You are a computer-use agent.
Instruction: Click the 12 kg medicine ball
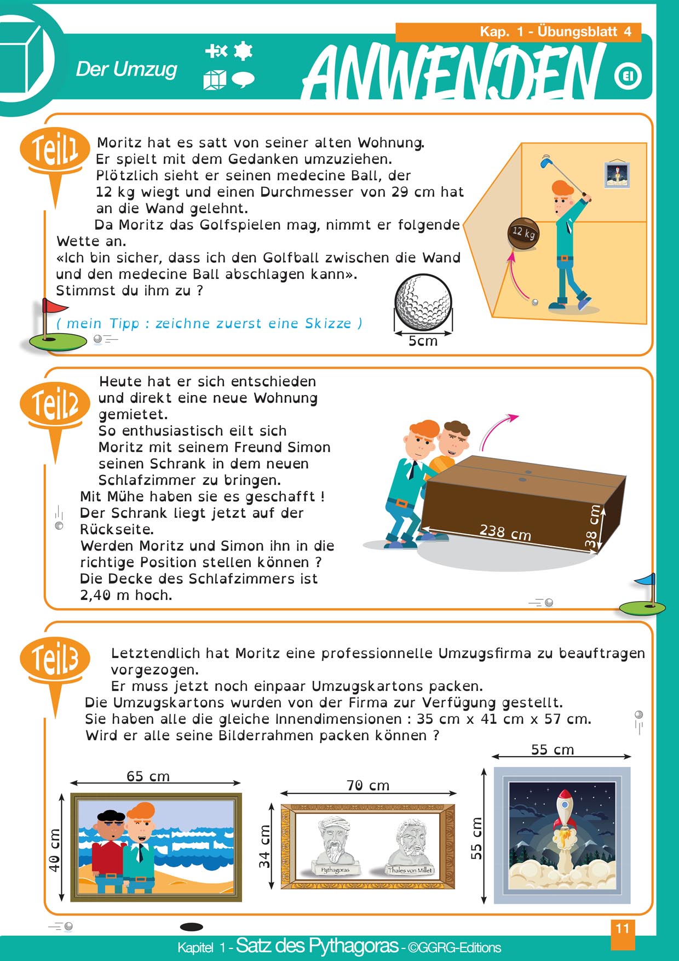click(523, 234)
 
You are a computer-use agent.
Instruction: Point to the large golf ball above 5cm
click(423, 302)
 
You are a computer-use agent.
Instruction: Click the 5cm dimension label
click(423, 341)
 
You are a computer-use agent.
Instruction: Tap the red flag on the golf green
click(55, 307)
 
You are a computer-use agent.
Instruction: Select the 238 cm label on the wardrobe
click(505, 531)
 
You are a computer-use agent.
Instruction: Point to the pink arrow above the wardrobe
click(497, 431)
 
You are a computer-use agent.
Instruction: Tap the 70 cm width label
click(368, 786)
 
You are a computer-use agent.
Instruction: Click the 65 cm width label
click(148, 776)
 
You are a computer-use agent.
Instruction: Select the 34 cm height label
click(265, 846)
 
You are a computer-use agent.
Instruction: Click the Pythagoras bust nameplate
click(335, 870)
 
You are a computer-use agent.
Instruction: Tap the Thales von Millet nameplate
click(410, 870)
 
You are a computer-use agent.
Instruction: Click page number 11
click(623, 928)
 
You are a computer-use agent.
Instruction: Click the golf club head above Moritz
click(545, 161)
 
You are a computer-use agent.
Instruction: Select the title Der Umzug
click(126, 70)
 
